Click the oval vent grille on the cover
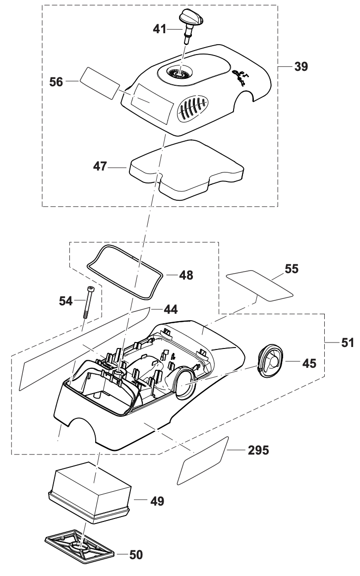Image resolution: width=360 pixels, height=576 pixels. coord(191,108)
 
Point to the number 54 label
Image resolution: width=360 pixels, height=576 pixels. coord(66,300)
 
